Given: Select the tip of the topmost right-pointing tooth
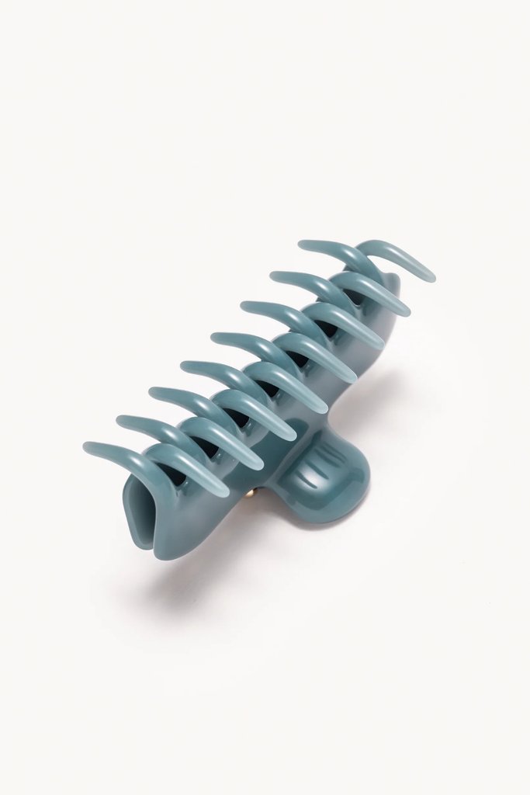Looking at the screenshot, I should click(x=430, y=276).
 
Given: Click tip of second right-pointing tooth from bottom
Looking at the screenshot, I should click(x=258, y=465).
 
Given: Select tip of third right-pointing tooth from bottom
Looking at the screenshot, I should click(x=292, y=436).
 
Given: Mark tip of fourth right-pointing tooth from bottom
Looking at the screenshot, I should click(x=323, y=408).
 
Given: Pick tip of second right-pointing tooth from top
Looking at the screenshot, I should click(x=406, y=311).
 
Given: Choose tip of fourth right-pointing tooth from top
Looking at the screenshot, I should click(x=352, y=378).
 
